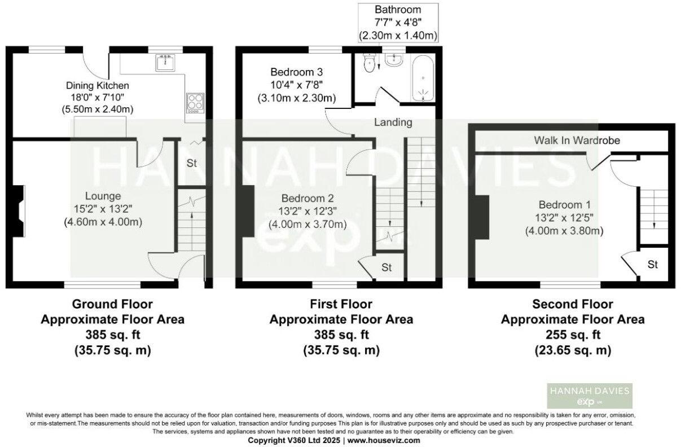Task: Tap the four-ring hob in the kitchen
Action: (195, 102)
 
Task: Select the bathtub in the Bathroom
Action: (423, 80)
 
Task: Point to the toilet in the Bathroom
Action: (370, 63)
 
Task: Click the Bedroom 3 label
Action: (296, 72)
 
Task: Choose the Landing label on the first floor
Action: (393, 122)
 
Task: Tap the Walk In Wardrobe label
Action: (577, 140)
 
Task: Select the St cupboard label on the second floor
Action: (653, 264)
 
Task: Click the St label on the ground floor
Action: (191, 164)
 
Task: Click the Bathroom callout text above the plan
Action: (398, 10)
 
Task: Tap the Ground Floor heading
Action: (112, 305)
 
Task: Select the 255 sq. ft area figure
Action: (573, 335)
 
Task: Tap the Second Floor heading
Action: (573, 305)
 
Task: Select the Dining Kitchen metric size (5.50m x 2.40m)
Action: (98, 109)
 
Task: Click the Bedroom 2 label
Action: (307, 199)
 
